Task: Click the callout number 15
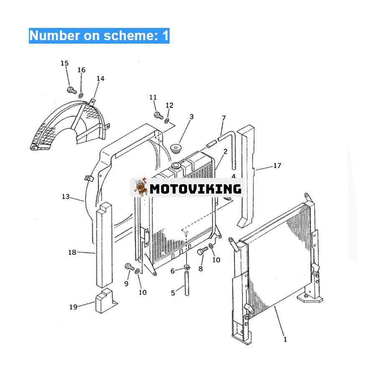[x=64, y=64]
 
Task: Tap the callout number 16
[x=81, y=70]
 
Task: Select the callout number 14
[x=100, y=79]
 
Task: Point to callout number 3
[x=191, y=117]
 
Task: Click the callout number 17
[x=277, y=166]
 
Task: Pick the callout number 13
[x=66, y=197]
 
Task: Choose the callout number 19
[x=73, y=307]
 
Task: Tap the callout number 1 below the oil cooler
[x=285, y=340]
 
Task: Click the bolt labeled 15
[x=71, y=90]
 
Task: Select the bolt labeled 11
[x=158, y=115]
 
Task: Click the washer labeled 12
[x=167, y=121]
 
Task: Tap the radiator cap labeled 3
[x=176, y=148]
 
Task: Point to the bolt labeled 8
[x=202, y=251]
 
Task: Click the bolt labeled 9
[x=130, y=267]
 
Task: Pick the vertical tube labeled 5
[x=187, y=283]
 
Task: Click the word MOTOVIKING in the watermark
[x=196, y=189]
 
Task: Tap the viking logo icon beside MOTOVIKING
[x=141, y=187]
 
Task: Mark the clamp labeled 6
[x=186, y=267]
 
